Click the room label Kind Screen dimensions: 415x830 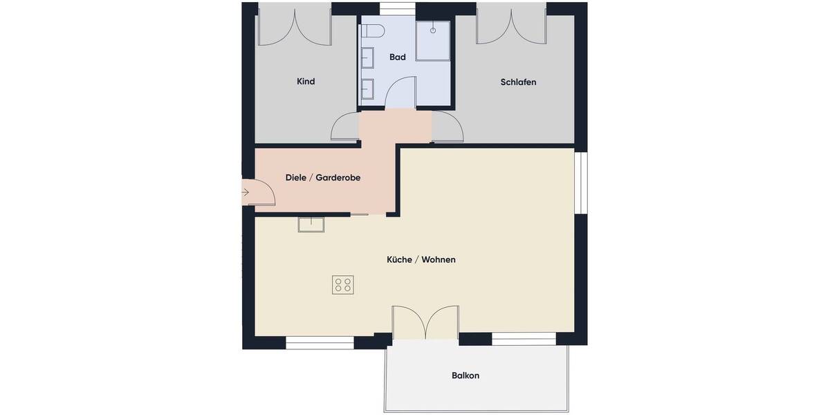pos(306,82)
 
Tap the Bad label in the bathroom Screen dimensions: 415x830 pos(397,57)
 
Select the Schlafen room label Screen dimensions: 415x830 pos(518,82)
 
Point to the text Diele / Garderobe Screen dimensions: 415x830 pos(323,178)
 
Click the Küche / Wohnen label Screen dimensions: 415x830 pos(421,260)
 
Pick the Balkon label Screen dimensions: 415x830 pos(465,376)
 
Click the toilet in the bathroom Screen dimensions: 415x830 pos(373,31)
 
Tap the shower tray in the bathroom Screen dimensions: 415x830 pos(433,40)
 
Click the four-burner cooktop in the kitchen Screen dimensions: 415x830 pos(343,285)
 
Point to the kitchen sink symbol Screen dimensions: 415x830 pos(311,224)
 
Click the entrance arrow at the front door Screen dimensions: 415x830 pos(246,192)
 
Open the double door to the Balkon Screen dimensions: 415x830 pos(425,322)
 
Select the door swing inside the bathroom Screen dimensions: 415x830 pos(400,93)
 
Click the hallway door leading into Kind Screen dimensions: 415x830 pos(346,128)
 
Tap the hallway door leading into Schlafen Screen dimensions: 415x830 pos(448,128)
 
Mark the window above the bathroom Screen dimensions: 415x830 pos(398,8)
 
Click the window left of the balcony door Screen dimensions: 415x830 pos(320,342)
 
